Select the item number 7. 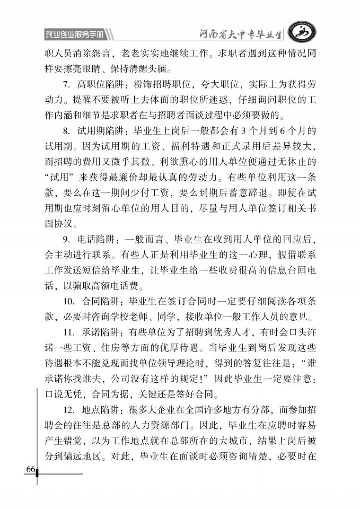click(x=66, y=84)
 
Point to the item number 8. click(x=66, y=130)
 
